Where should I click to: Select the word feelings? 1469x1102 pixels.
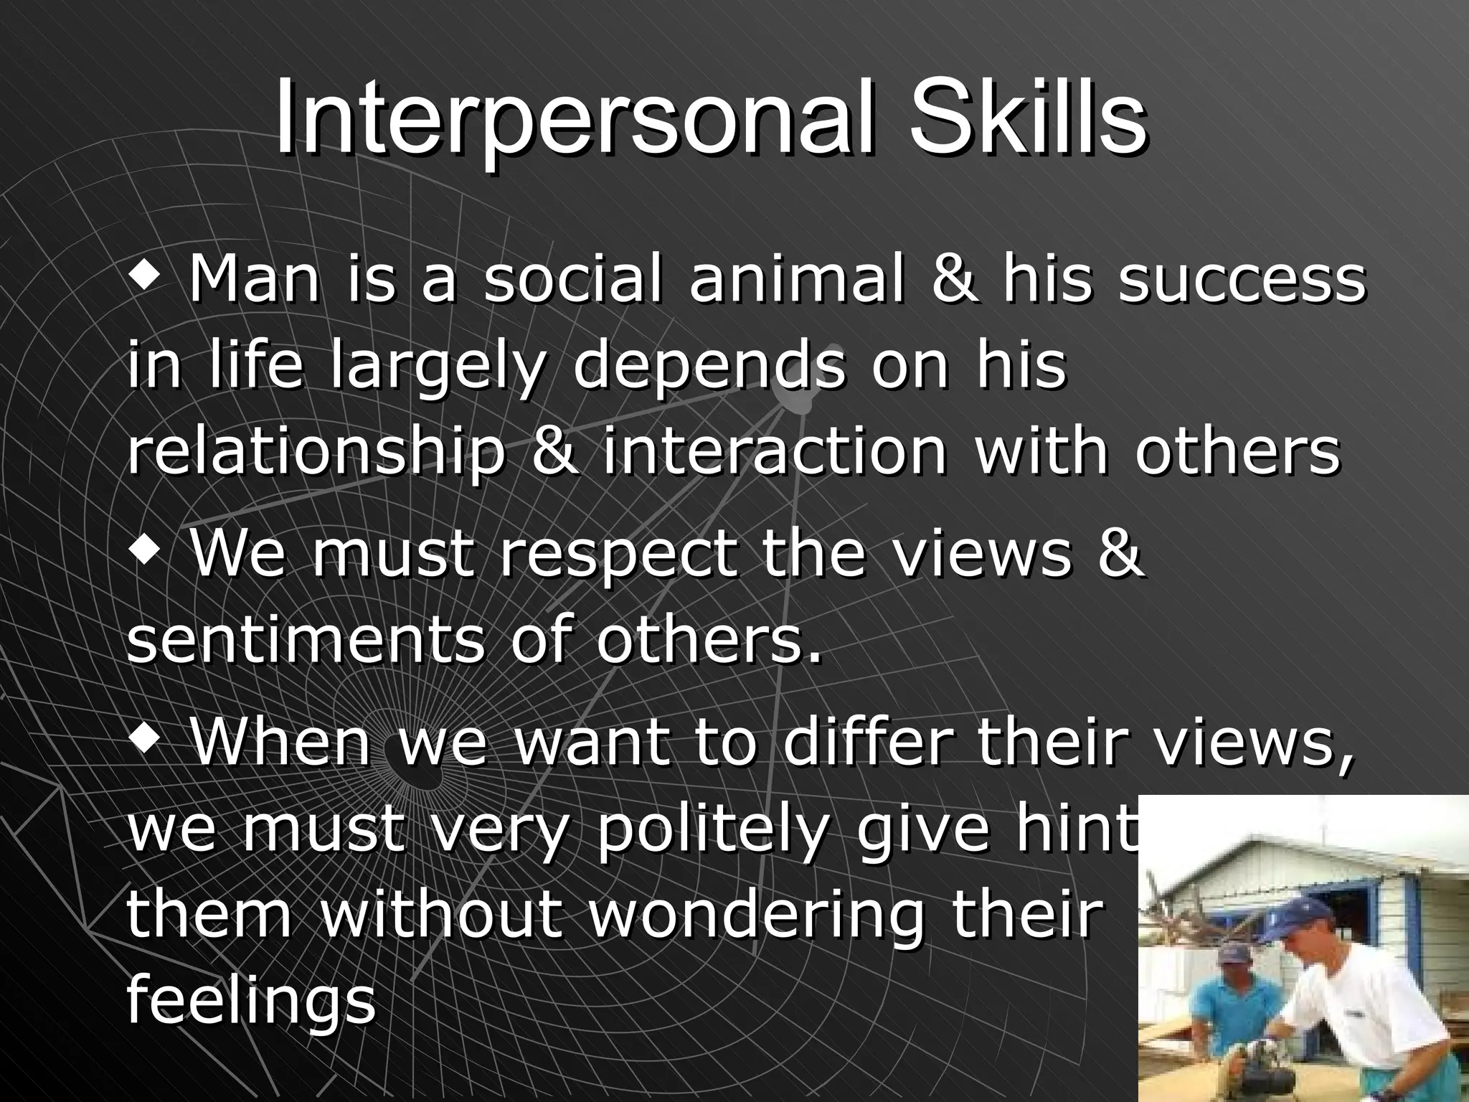click(251, 1004)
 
